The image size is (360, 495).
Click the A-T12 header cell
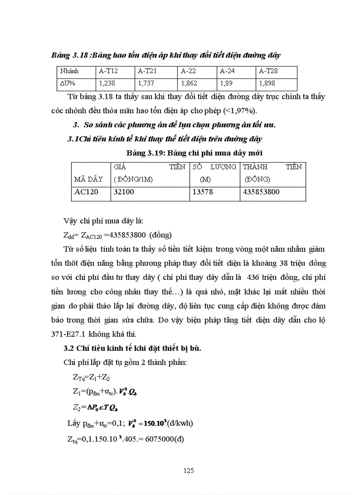coord(109,71)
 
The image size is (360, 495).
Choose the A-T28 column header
coord(268,71)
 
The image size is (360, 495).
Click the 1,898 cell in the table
coord(267,83)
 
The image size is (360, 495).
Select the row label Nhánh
coord(68,71)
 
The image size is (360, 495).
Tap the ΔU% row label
coord(68,83)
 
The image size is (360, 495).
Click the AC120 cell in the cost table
coord(86,192)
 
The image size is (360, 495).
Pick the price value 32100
coord(124,192)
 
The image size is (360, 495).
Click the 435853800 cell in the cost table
coord(261,192)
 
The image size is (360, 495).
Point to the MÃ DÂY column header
coord(88,179)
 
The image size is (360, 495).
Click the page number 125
coord(188,470)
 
